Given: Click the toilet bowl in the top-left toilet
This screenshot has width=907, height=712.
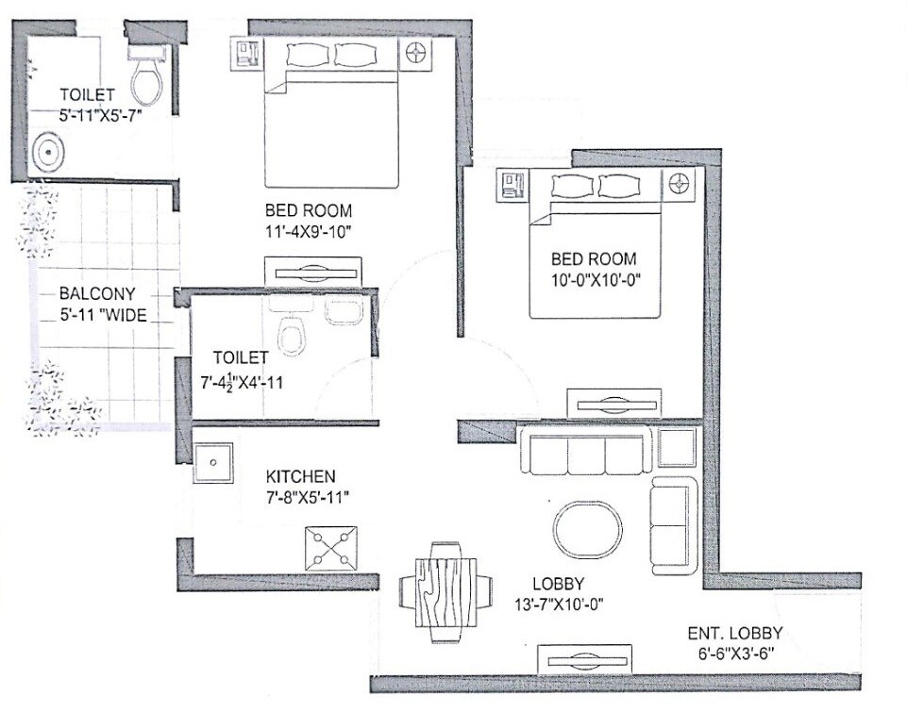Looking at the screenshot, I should tap(145, 82).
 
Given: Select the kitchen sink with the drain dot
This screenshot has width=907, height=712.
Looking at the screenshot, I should tap(213, 463).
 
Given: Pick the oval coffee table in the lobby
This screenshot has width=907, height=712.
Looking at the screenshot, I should tap(586, 530).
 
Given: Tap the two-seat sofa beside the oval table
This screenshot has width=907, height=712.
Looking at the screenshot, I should tap(672, 515).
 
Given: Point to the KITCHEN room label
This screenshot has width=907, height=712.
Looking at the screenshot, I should tap(300, 477).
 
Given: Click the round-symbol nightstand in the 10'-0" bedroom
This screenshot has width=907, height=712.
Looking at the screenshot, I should tap(678, 182).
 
